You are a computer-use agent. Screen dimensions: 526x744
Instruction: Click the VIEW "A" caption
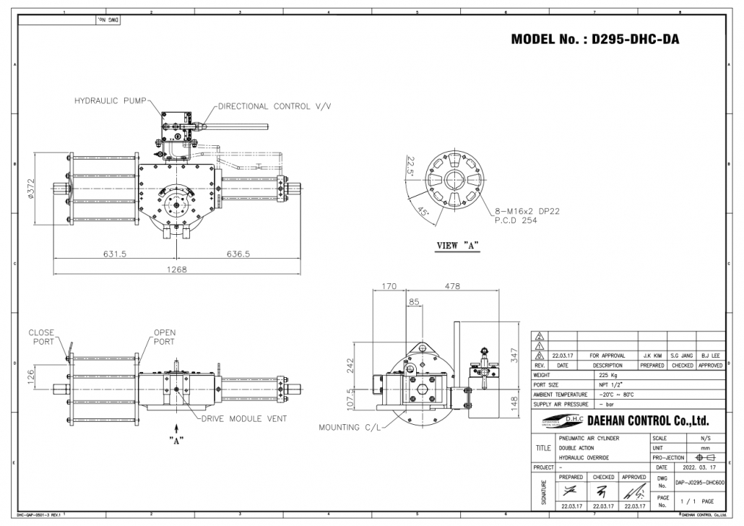(458, 245)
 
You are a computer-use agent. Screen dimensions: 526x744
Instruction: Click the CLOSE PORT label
(41, 337)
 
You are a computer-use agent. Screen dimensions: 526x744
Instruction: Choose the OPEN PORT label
(164, 337)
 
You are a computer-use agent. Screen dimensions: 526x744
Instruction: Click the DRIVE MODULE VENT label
(243, 418)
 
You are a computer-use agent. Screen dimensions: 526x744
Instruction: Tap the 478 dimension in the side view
(451, 286)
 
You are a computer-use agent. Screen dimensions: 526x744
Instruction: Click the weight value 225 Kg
(608, 375)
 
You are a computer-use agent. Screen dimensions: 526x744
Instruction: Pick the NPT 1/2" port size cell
(608, 385)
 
